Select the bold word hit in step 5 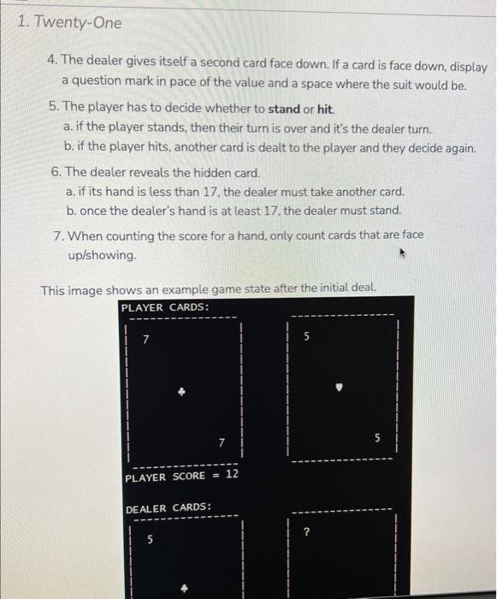point(326,110)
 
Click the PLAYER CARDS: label point(165,307)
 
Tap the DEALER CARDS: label point(168,508)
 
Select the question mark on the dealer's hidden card point(305,532)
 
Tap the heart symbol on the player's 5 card point(340,387)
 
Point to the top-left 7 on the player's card point(145,340)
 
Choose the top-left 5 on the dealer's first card point(151,541)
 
